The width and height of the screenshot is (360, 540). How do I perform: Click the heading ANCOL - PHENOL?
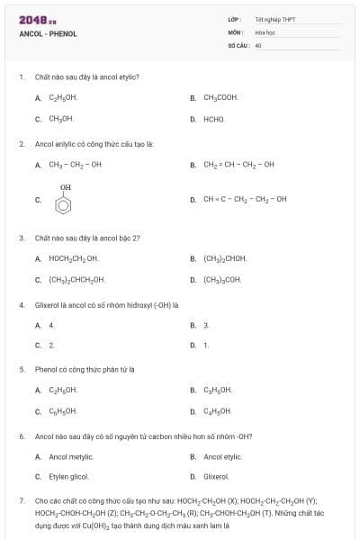pos(48,33)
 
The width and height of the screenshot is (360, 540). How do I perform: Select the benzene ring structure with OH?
pos(64,201)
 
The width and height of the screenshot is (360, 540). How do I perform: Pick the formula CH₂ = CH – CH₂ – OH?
pos(238,165)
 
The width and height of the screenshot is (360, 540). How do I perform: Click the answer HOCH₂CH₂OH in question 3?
pos(73,258)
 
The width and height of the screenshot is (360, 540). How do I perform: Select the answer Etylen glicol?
pos(68,476)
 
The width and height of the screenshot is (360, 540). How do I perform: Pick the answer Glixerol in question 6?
pos(216,476)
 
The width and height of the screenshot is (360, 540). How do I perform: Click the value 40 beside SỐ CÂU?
pos(258,44)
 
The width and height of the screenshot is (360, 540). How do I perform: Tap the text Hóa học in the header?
pos(264,31)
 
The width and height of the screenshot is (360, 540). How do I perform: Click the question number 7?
pos(22,499)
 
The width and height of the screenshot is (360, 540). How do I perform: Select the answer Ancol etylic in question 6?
pos(224,456)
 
